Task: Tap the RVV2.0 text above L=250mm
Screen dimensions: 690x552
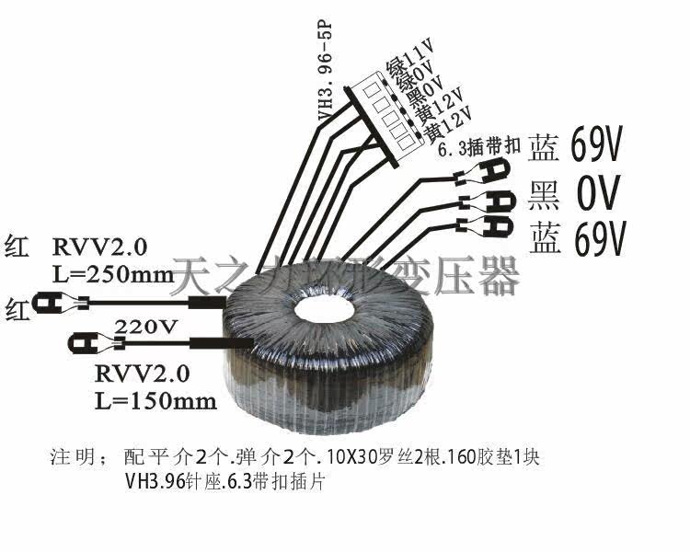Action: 98,247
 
